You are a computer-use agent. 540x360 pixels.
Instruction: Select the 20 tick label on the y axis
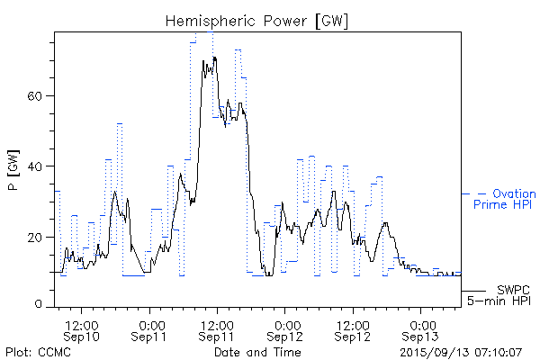[38, 237]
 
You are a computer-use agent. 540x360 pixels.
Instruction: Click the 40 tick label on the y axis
[38, 166]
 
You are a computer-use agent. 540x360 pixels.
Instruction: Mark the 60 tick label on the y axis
[38, 96]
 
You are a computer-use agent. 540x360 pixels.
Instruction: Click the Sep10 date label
[82, 337]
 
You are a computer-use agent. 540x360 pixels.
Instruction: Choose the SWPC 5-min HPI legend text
[504, 294]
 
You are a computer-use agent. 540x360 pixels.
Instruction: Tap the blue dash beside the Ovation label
[469, 193]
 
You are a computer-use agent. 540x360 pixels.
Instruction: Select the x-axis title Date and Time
[257, 351]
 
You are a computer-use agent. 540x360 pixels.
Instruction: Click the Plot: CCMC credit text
[38, 351]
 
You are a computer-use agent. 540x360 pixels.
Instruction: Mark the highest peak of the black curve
[213, 57]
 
